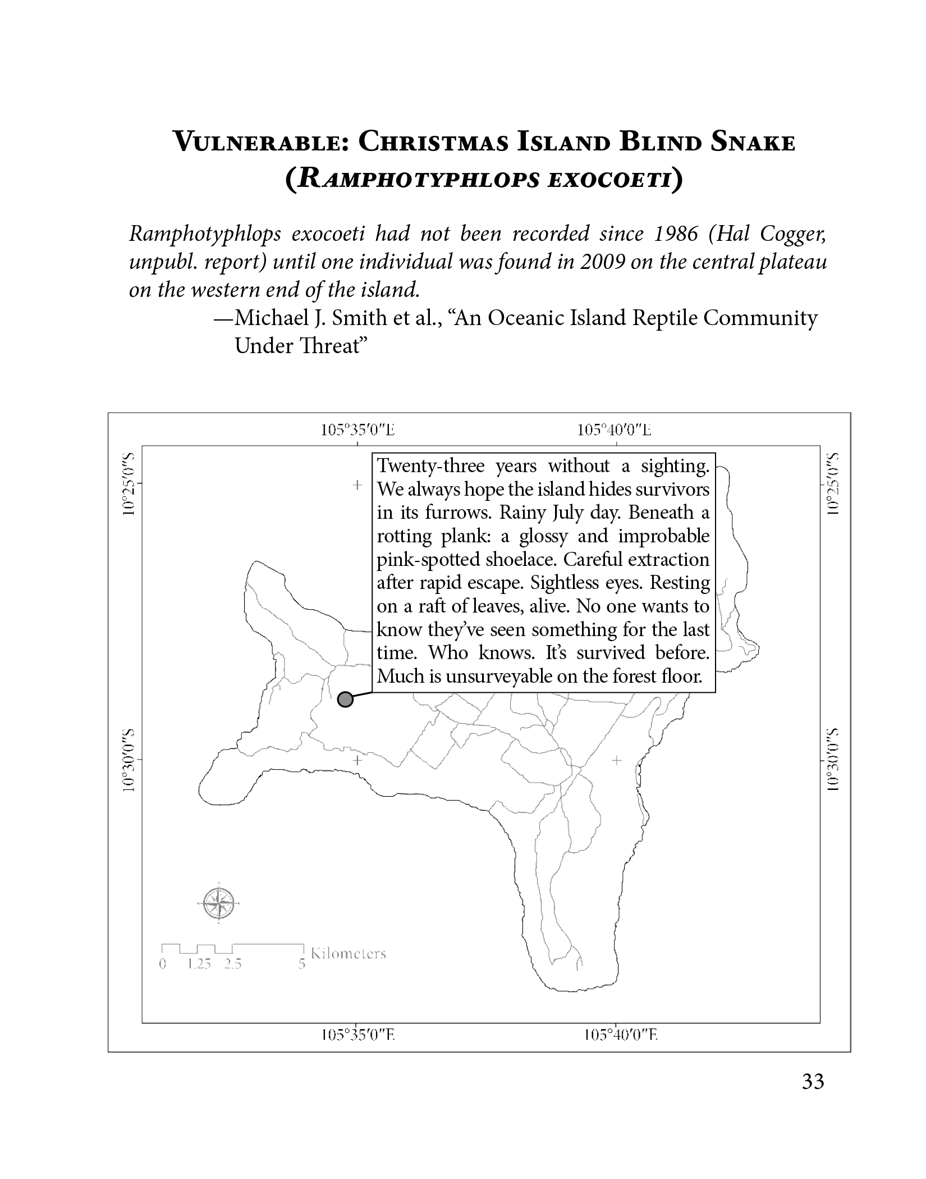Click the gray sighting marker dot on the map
tap(346, 700)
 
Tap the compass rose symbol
tap(219, 904)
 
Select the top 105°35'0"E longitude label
tap(357, 431)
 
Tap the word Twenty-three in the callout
tap(430, 466)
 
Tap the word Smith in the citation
tap(359, 318)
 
